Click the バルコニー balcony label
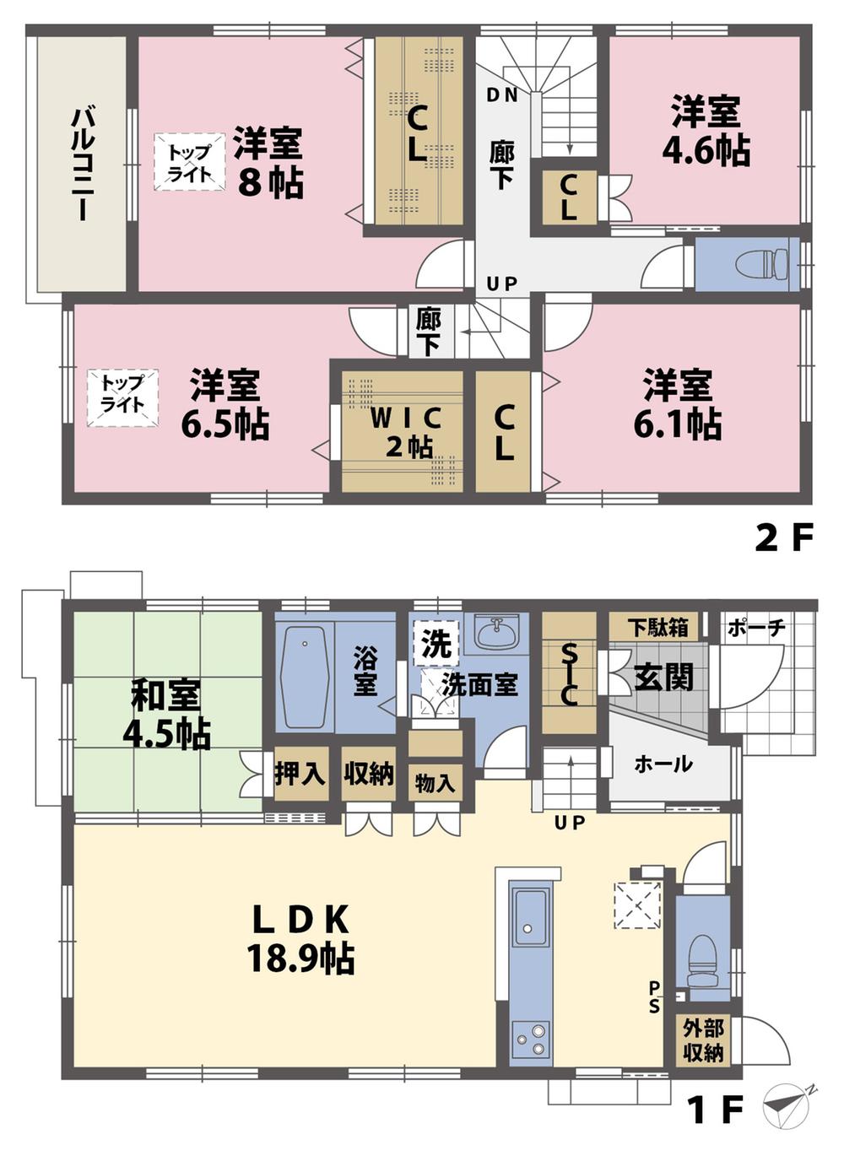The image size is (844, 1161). tap(81, 163)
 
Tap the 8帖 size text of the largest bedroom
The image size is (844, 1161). tap(270, 181)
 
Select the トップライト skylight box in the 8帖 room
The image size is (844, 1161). tap(189, 163)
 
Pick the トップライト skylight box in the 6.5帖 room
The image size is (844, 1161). tap(122, 396)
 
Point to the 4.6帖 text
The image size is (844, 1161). tap(706, 150)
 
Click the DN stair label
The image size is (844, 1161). tap(502, 95)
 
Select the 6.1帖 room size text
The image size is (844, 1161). tap(677, 424)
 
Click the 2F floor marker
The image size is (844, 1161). tap(782, 537)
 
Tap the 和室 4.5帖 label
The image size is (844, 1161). tap(166, 716)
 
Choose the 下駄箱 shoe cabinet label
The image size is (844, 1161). tap(659, 627)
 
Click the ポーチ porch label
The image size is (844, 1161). tap(756, 628)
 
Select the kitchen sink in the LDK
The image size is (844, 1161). tap(530, 917)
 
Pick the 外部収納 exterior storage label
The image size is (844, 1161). tap(703, 1039)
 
